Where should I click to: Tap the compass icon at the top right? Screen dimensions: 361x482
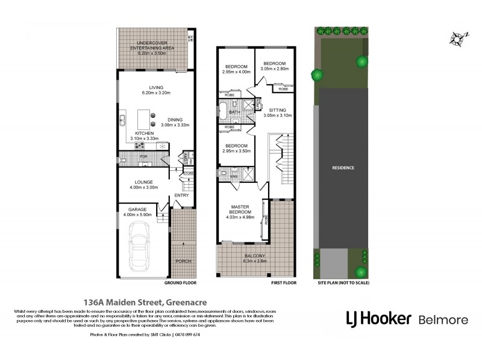[x=454, y=38]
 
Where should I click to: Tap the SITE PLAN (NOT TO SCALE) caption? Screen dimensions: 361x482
[x=342, y=282]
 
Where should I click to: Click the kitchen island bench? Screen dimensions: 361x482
[x=143, y=116]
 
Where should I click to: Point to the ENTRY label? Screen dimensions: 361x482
[x=181, y=196]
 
